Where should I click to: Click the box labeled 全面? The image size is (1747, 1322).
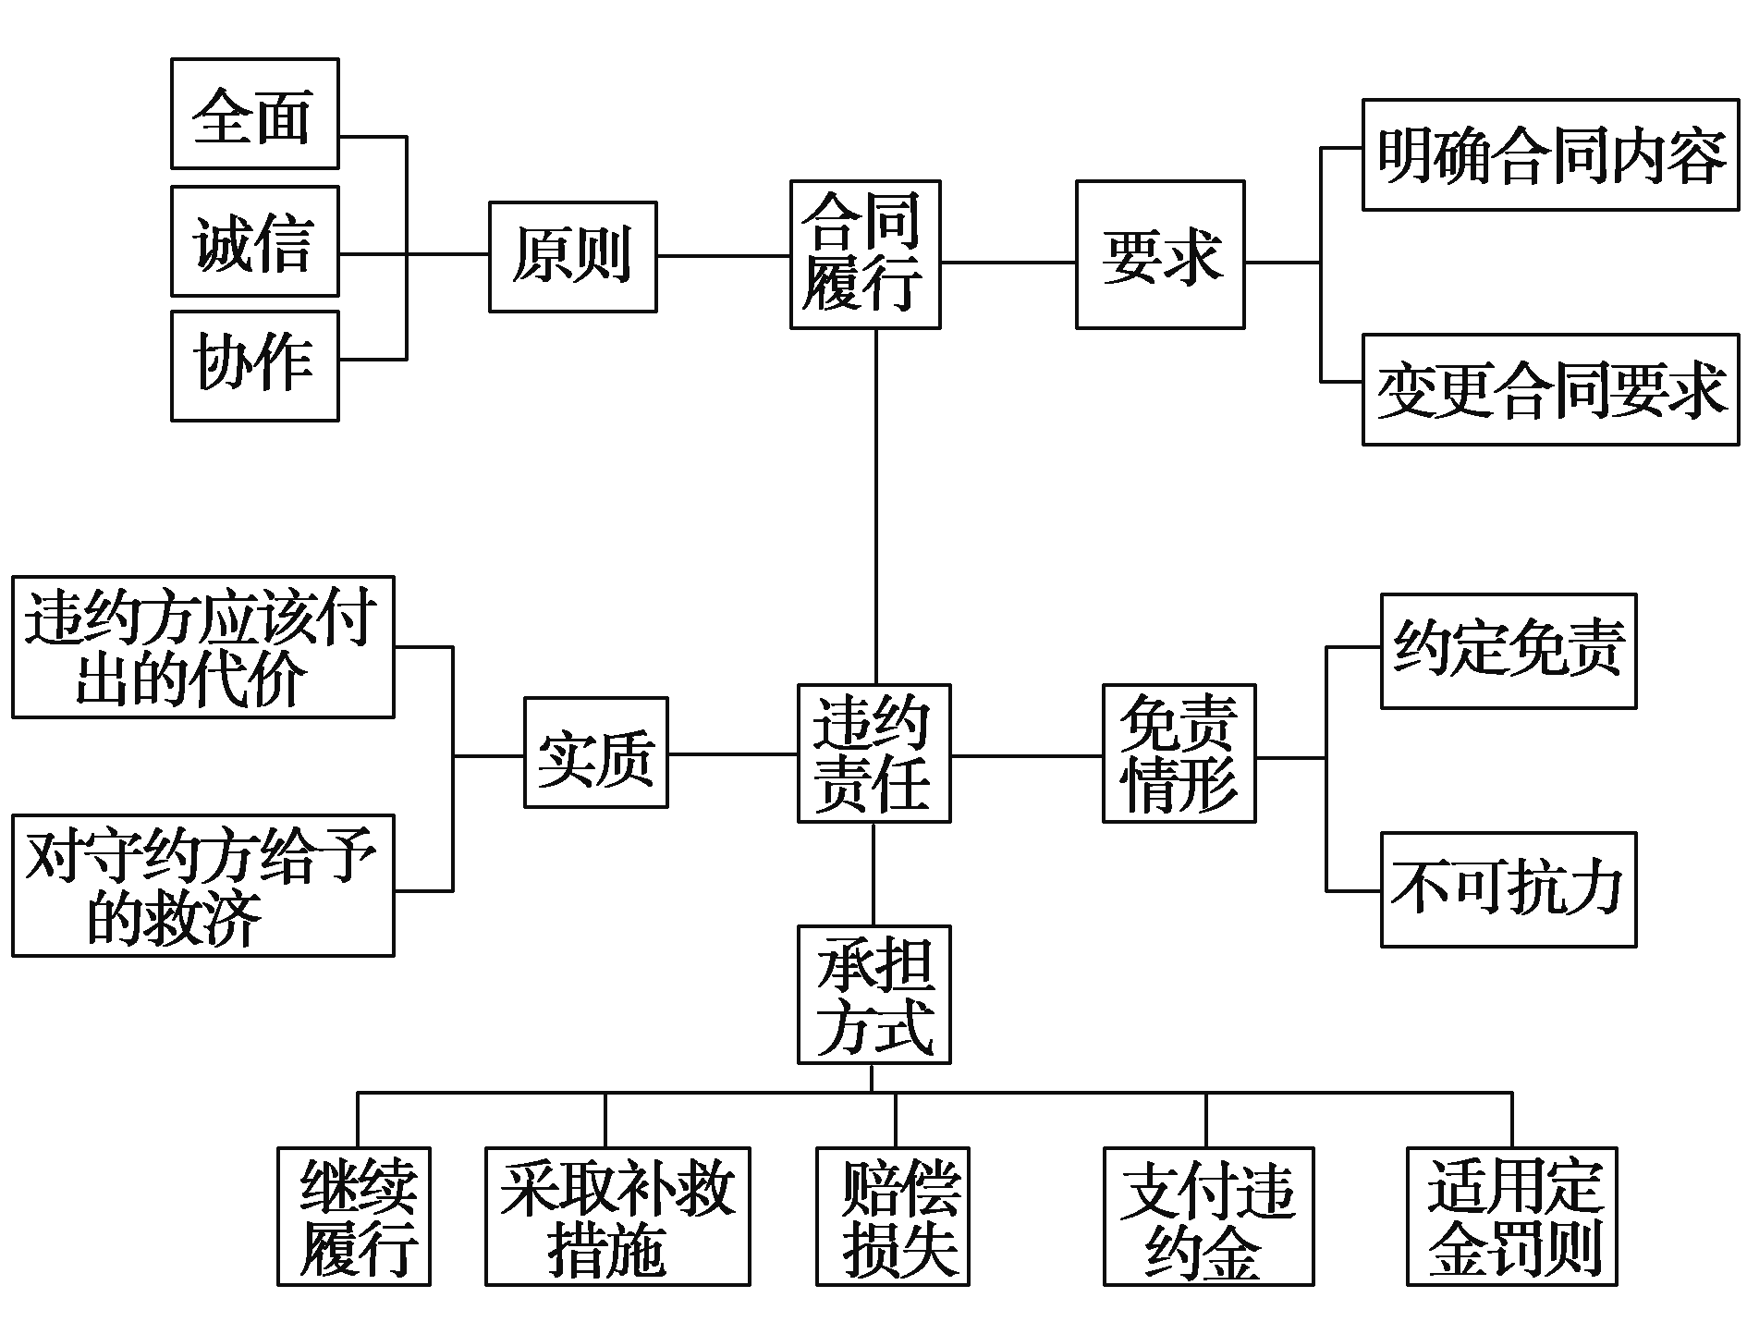point(254,114)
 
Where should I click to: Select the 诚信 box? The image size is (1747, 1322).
point(254,240)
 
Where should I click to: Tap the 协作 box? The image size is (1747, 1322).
point(254,366)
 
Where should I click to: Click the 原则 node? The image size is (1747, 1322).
point(572,256)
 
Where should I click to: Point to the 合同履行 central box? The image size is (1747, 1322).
point(864,254)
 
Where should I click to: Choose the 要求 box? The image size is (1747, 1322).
point(1159,254)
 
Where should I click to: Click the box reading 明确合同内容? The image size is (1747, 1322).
point(1550,154)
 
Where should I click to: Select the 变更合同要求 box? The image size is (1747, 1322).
point(1550,389)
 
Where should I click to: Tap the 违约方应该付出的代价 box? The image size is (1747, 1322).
point(202,646)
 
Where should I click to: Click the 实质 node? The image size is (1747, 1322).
point(595,753)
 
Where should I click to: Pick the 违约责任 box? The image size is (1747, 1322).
point(873,753)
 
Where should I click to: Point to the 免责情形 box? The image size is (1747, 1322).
point(1179,753)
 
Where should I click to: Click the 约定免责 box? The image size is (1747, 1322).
point(1508,651)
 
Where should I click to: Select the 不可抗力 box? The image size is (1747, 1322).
point(1508,889)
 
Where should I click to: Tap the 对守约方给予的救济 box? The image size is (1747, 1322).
point(202,885)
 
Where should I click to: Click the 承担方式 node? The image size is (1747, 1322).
point(873,994)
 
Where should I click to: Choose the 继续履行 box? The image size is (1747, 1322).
point(353,1216)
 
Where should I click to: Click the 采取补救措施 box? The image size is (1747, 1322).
point(617,1216)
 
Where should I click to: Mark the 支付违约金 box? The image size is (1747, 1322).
point(1208,1216)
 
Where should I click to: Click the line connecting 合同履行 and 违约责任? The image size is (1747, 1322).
point(875,507)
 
